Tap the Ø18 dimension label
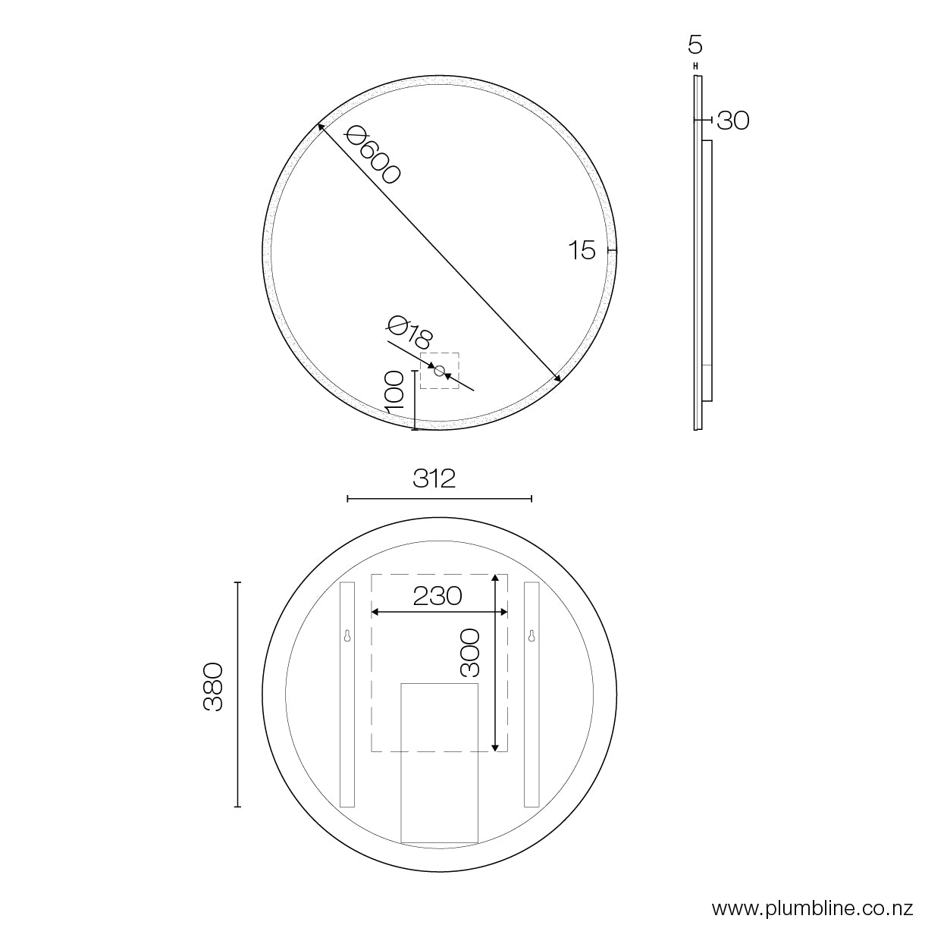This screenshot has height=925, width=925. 409,334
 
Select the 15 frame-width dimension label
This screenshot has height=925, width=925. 582,251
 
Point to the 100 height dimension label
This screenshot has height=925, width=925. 395,391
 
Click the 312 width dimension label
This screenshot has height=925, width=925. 434,478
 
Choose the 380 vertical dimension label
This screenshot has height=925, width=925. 213,686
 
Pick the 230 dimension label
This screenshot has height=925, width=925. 437,596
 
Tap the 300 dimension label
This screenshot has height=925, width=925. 470,652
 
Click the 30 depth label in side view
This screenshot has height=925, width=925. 732,121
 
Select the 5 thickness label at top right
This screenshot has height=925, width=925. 695,45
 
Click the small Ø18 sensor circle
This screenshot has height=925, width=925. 439,370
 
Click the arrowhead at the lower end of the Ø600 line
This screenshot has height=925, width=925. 557,378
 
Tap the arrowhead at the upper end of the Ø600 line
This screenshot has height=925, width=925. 321,127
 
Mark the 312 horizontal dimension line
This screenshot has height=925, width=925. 439,498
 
